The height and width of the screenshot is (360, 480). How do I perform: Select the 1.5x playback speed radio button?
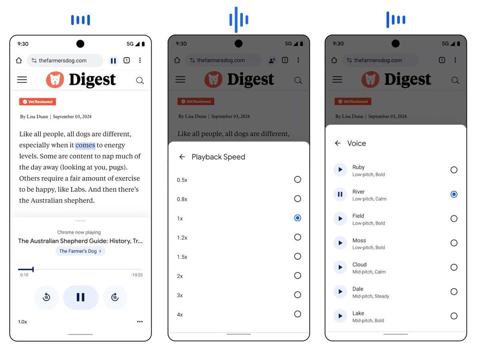pos(298,256)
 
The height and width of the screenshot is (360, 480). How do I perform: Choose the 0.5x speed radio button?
pos(298,180)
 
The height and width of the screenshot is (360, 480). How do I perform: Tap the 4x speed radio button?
pos(298,314)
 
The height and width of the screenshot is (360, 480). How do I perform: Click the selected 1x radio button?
pos(298,218)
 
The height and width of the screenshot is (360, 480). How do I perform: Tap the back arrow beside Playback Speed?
pos(182,157)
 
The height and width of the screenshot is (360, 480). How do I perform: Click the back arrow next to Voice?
pos(338,143)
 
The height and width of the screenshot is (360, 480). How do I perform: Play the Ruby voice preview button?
pos(340,170)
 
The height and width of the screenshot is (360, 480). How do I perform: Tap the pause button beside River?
pos(340,194)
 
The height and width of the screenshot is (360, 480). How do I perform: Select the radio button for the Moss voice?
pos(454,243)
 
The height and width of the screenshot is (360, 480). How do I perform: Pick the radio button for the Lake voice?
pos(454,316)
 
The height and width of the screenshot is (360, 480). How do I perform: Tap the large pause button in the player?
pos(81,297)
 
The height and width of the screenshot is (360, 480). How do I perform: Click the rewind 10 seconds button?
pos(46,297)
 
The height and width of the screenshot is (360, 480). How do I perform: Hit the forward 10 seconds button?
pos(115,297)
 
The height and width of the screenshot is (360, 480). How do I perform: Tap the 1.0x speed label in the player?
pos(22,322)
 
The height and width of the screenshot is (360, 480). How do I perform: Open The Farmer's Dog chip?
pos(80,251)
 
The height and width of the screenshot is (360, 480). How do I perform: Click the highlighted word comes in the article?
pos(85,145)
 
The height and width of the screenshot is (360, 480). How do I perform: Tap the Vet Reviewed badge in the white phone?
pos(37,102)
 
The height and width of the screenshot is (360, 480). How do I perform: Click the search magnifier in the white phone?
pos(140,81)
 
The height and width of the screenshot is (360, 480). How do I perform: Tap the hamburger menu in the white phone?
pos(22,80)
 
